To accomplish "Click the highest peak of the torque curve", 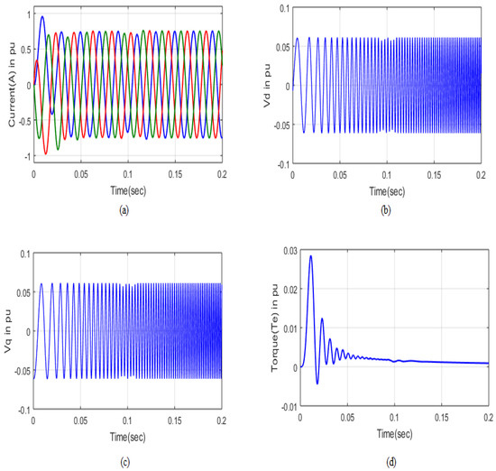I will pyautogui.click(x=311, y=255).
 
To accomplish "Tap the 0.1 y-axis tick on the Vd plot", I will pyautogui.click(x=284, y=8).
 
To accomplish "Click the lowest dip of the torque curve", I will pyautogui.click(x=317, y=383).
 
